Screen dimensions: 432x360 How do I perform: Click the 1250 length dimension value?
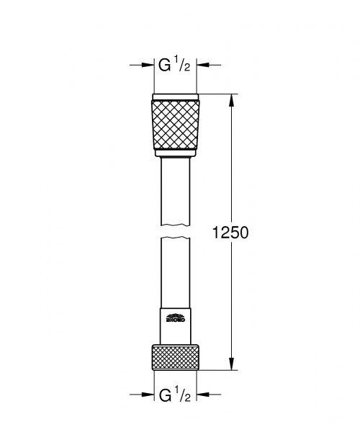click(233, 233)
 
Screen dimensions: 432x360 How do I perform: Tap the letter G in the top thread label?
click(164, 66)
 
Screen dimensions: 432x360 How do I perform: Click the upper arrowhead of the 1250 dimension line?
click(231, 99)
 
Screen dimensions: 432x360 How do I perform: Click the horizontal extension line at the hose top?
click(216, 94)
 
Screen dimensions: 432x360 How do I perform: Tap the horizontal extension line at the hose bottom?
click(216, 370)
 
